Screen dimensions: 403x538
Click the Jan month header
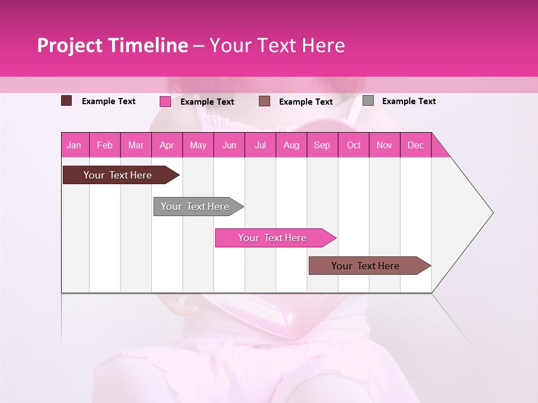(75, 145)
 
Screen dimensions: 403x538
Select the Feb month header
(105, 145)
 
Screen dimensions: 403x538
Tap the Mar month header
(136, 145)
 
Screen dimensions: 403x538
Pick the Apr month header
(167, 145)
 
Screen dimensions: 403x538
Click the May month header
(198, 145)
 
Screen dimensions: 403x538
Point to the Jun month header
(229, 145)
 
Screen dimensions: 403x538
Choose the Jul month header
(261, 145)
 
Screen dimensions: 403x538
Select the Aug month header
(291, 145)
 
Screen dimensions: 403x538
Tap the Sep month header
(322, 145)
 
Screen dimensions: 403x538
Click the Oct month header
(354, 145)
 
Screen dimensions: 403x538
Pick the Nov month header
(384, 145)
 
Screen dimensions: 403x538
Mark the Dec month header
(416, 145)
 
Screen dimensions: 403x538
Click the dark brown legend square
(67, 101)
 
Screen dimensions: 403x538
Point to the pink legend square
(165, 101)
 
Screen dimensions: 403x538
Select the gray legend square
(368, 101)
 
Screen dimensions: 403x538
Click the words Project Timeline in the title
(113, 45)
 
